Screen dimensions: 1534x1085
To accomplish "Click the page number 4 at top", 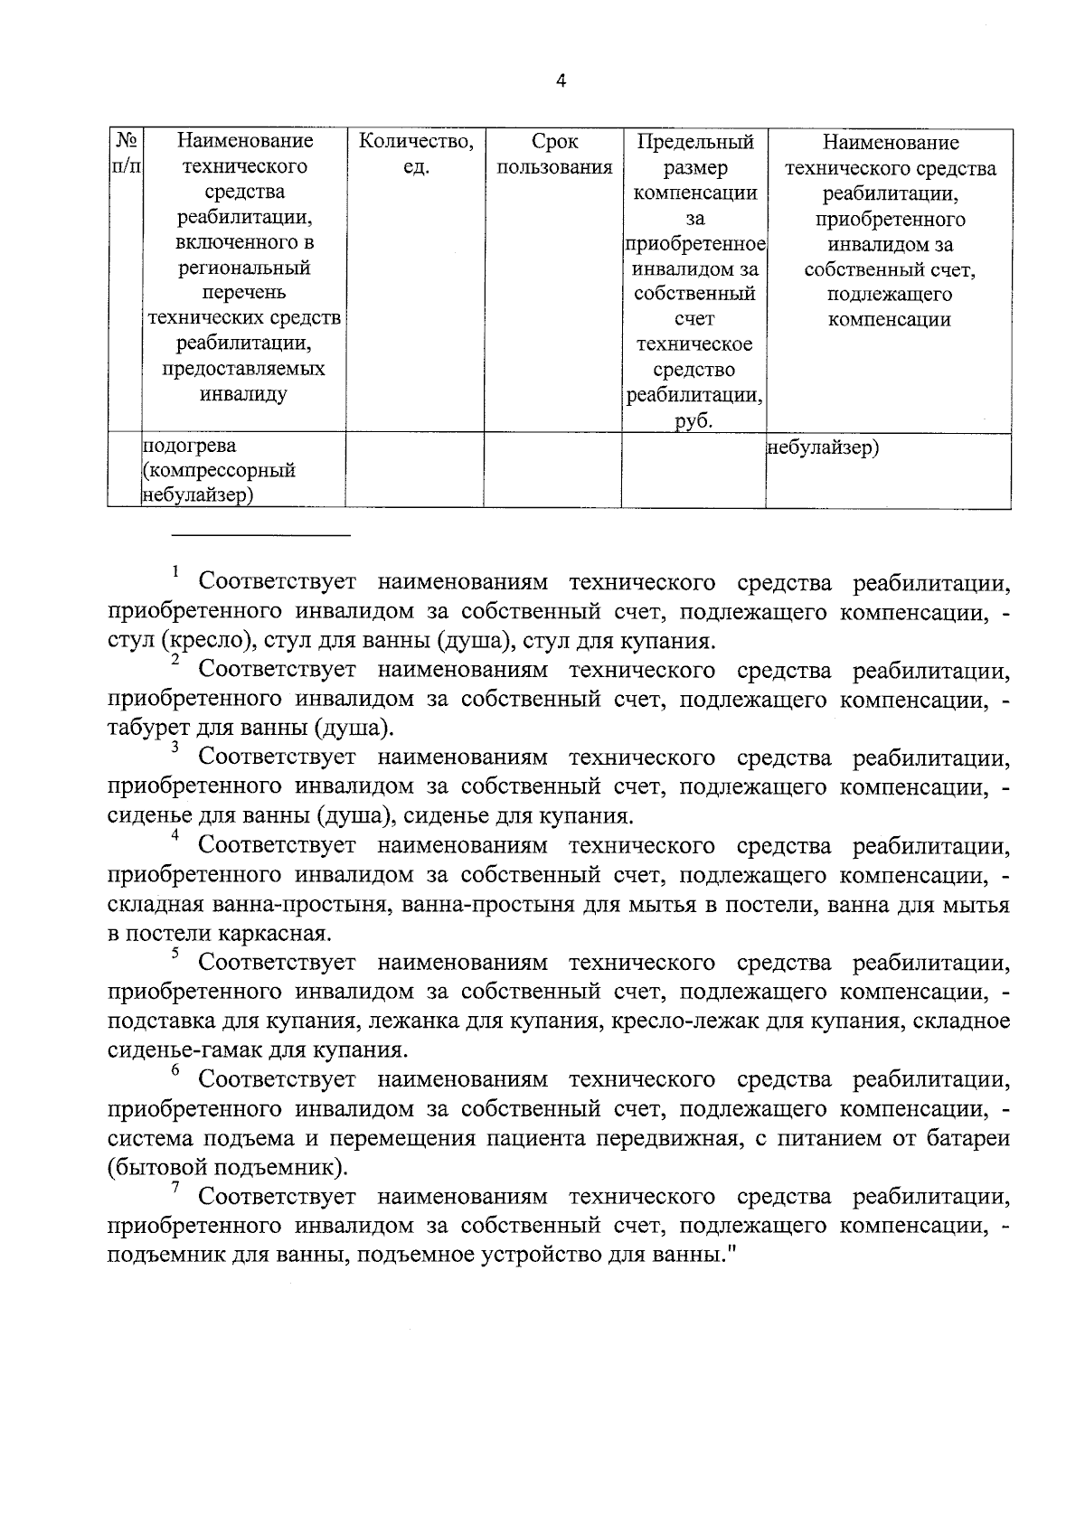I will [561, 81].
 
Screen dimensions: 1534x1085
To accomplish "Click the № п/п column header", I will [126, 154].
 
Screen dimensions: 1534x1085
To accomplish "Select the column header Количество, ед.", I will [415, 154].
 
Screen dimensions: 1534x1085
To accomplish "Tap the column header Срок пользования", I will [553, 154].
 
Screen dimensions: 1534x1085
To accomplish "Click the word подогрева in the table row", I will [189, 446].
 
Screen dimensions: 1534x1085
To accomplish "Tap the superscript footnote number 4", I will [175, 835].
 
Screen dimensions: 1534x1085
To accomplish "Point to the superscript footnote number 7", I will [175, 1187].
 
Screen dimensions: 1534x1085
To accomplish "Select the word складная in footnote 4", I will [153, 904].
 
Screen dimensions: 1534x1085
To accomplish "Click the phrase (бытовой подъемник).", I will [227, 1167].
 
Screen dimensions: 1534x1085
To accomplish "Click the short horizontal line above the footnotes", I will [260, 535].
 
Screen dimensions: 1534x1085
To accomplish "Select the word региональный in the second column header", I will [244, 268].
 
